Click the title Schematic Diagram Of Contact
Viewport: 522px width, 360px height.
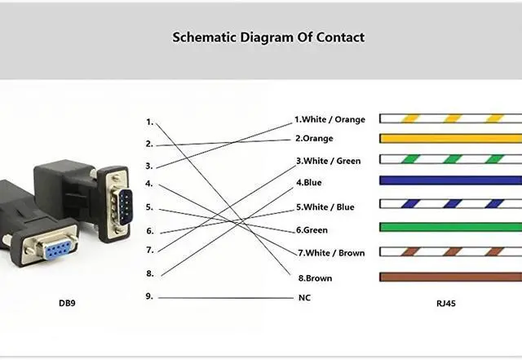(x=268, y=38)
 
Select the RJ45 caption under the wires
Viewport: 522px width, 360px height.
(x=447, y=304)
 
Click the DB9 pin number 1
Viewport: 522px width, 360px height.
(x=149, y=122)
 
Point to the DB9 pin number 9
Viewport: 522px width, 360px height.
(x=149, y=296)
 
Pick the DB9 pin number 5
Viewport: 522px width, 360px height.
(x=149, y=207)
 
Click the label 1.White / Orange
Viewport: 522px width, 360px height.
(x=330, y=120)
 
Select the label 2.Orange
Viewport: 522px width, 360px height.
(x=314, y=139)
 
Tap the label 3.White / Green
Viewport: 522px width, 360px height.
(x=328, y=161)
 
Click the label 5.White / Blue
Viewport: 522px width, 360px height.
(x=325, y=207)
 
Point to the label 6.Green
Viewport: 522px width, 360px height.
(x=312, y=230)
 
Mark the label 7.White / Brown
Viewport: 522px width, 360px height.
(x=330, y=253)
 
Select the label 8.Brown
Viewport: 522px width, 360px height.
(x=315, y=278)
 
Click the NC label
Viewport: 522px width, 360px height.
(x=304, y=298)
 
